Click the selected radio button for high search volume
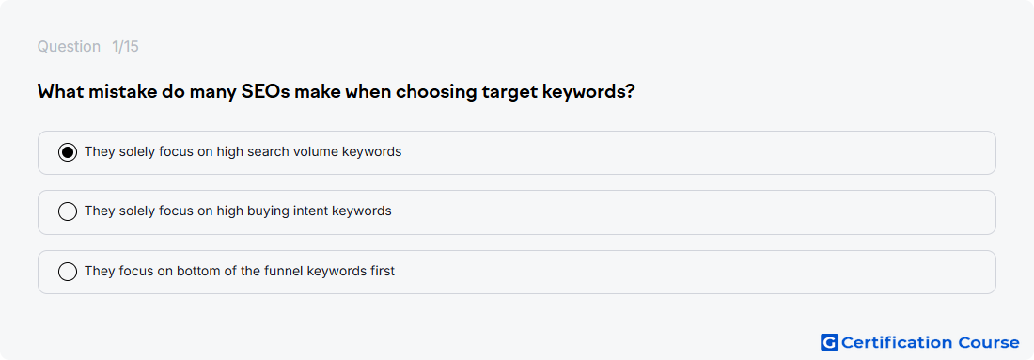pos(68,152)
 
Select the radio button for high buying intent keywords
pos(68,211)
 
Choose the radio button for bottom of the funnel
pos(68,271)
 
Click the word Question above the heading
pos(69,47)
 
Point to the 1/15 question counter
pos(125,47)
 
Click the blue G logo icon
pos(829,342)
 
